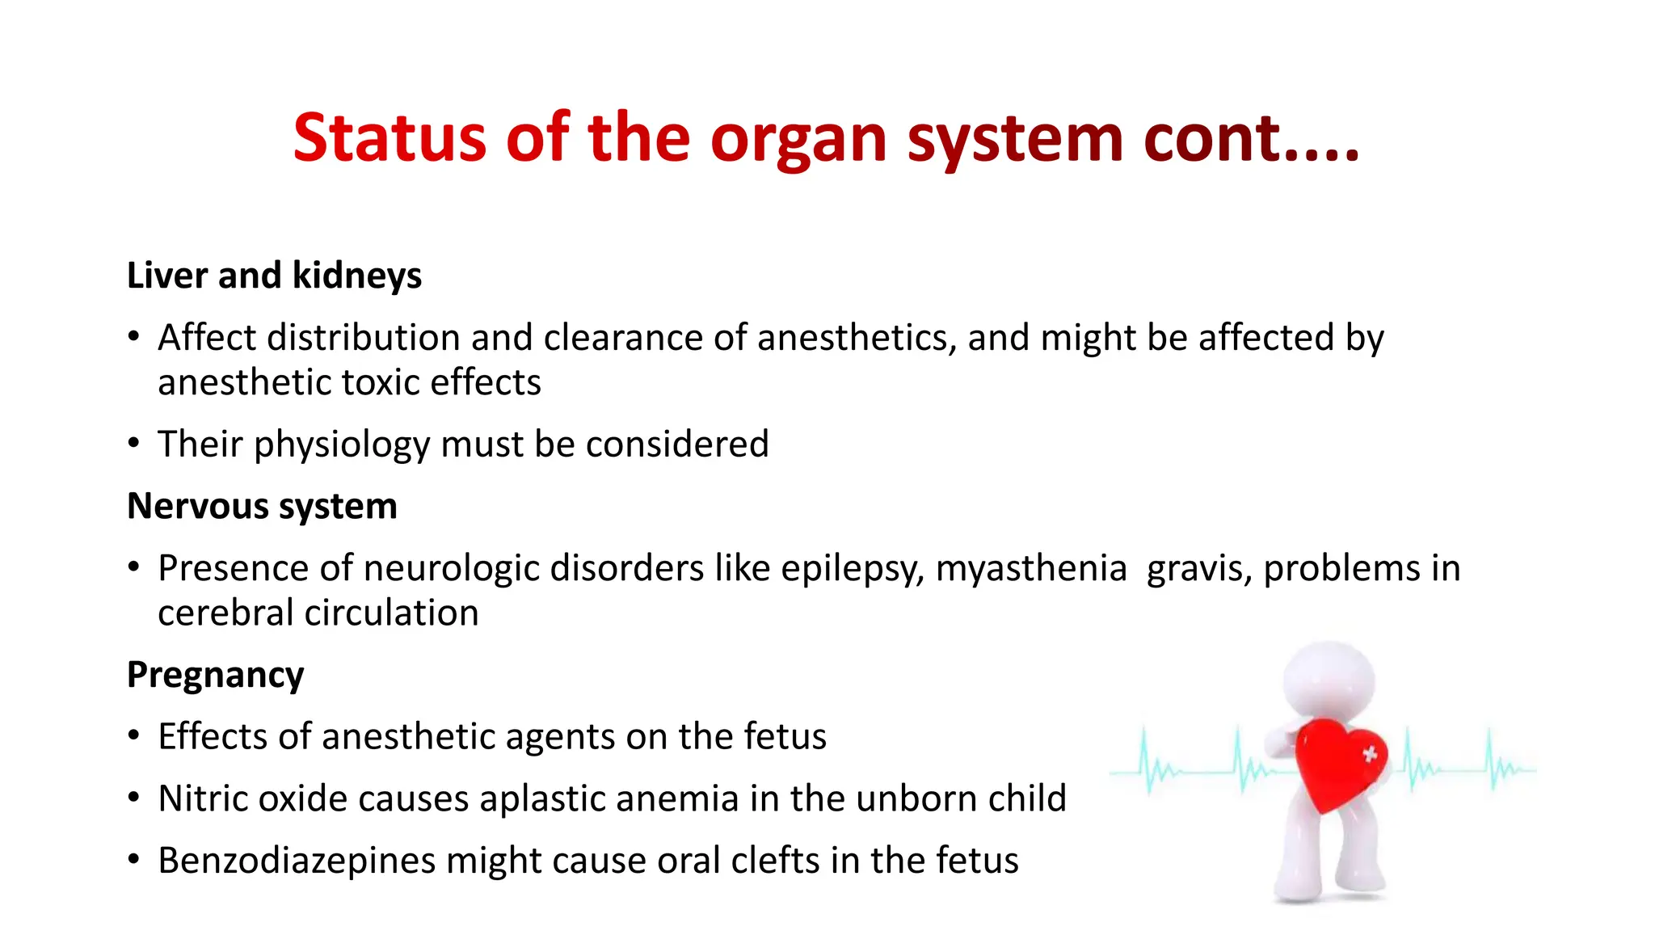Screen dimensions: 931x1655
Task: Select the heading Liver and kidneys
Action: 274,276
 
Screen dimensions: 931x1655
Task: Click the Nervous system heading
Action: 262,507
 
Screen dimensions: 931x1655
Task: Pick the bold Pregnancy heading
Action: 215,675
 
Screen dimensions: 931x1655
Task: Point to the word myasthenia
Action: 1030,568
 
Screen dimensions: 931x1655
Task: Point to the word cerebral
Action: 225,613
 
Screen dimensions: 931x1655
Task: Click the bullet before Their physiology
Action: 134,444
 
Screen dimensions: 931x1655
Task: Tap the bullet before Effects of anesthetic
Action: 134,736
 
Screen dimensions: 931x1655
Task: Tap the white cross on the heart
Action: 1369,754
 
